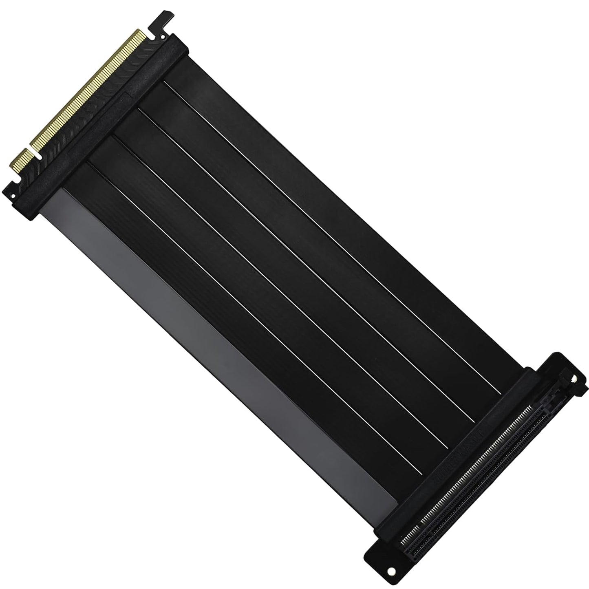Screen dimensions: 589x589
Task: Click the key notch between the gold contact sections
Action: click(37, 155)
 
